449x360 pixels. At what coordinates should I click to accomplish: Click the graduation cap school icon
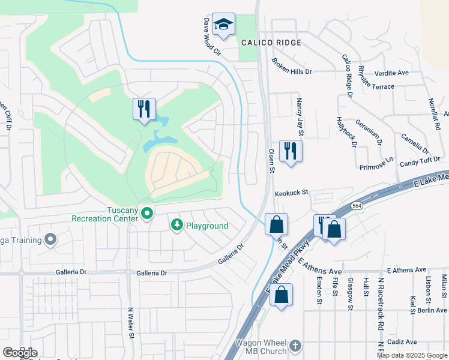coord(223,25)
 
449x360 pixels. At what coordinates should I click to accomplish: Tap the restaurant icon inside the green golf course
coord(144,109)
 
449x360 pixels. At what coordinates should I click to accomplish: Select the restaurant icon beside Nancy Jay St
coord(291,151)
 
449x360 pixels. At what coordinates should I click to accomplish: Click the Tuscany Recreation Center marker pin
coord(146,212)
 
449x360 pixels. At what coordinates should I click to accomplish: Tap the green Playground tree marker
coord(176,225)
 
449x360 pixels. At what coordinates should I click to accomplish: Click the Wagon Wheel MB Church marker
coord(295,346)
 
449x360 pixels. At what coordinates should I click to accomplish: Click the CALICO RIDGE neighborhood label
coord(271,43)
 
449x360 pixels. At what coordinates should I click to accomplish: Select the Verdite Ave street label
coord(391,73)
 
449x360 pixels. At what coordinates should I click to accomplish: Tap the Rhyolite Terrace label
coord(385,86)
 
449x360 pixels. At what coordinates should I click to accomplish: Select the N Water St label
coord(130,323)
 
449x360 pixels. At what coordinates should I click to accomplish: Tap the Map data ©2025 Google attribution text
coord(412,355)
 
